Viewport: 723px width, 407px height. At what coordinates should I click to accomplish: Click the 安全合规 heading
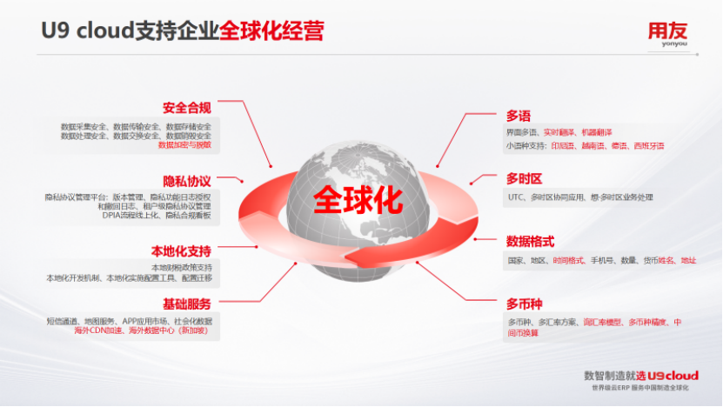click(186, 108)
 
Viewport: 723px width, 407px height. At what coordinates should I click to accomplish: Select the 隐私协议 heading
click(186, 181)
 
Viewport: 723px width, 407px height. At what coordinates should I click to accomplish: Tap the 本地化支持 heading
click(181, 250)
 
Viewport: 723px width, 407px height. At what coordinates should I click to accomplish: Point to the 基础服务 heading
click(186, 304)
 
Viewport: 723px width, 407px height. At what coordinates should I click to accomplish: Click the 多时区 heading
click(524, 178)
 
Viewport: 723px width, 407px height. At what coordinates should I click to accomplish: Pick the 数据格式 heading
click(530, 241)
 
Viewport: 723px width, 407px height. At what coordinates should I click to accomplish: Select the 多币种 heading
click(524, 304)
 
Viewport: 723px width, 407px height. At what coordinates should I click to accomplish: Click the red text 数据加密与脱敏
click(184, 145)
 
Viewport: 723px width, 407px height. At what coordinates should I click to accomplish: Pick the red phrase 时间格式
click(568, 260)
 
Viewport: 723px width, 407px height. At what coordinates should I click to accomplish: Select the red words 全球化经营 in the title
click(271, 32)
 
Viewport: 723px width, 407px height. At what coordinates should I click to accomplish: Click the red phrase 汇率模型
click(602, 323)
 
